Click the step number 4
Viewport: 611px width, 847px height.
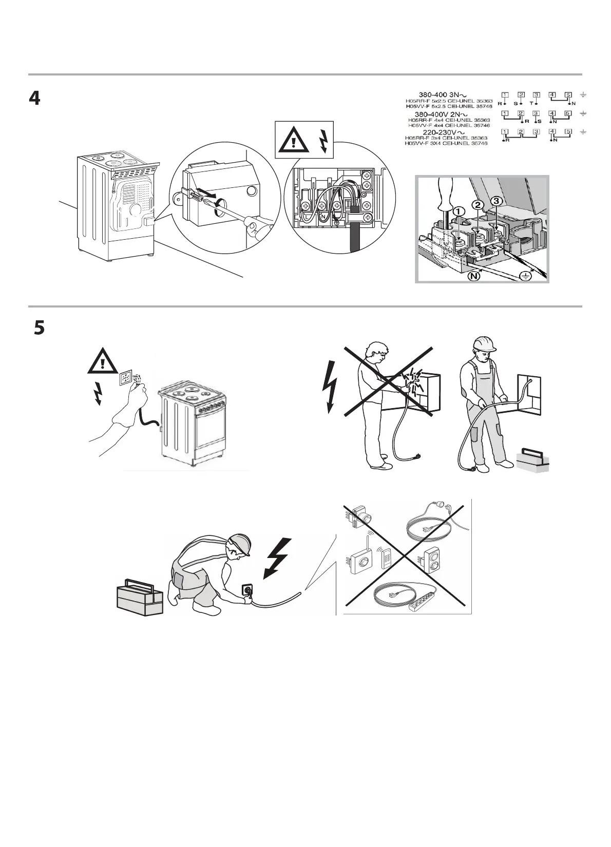point(34,99)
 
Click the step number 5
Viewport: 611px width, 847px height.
point(39,329)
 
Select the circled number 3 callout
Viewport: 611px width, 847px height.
point(497,202)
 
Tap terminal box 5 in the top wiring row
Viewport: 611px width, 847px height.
point(568,95)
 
